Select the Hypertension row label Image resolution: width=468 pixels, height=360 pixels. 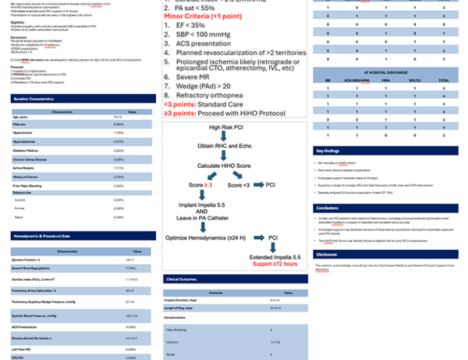point(22,133)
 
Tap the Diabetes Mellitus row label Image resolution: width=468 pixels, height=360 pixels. point(26,150)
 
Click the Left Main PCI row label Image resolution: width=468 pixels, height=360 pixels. point(22,349)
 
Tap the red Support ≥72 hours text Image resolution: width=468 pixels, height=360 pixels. point(275,264)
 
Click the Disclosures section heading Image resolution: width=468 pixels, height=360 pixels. point(328,254)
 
